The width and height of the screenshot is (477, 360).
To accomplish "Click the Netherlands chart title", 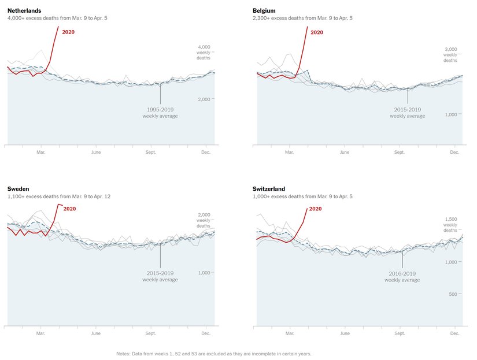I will point(24,10).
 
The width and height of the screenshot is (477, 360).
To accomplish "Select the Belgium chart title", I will point(264,10).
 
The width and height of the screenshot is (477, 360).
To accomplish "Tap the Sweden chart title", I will point(18,189).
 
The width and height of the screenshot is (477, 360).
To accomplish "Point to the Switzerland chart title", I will point(269,189).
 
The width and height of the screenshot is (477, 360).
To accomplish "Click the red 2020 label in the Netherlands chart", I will point(68,32).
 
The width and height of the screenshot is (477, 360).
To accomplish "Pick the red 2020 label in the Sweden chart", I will point(69,209).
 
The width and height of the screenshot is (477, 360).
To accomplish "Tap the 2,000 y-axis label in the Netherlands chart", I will point(204,99).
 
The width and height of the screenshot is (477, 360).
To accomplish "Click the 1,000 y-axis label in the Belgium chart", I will point(450,114).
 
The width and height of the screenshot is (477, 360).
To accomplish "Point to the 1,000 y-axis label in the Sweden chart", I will point(204,272).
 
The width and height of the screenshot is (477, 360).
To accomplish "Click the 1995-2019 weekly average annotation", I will point(160,113).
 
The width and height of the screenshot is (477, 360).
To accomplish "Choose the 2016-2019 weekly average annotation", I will point(402,277).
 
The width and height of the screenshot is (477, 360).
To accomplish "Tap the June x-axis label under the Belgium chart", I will point(345,153).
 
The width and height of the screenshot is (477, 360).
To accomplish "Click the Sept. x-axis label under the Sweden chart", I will point(150,333).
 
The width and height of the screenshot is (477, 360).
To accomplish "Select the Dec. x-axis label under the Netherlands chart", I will point(205,153).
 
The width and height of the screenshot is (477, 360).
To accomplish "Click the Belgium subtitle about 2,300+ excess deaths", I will point(302,18).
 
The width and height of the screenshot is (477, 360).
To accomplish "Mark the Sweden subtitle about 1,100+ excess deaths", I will point(58,196).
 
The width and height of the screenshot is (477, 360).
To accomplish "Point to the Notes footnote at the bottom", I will point(214,353).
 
